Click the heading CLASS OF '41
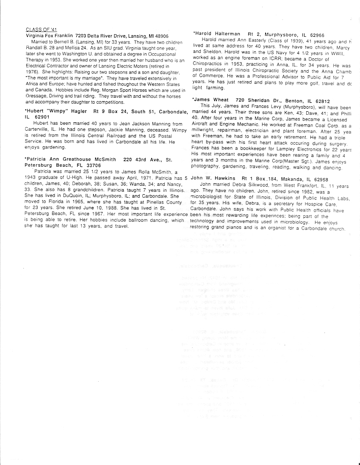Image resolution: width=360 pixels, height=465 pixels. click(x=41, y=30)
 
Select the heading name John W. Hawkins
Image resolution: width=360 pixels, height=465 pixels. click(x=213, y=179)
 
